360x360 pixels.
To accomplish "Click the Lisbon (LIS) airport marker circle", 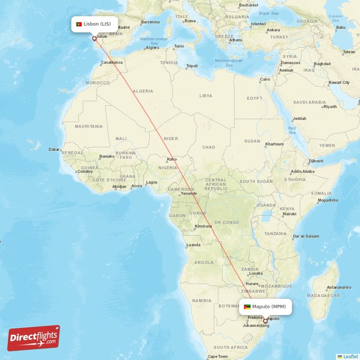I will (x=94, y=39).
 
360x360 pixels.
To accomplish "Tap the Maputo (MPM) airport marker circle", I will (x=265, y=321).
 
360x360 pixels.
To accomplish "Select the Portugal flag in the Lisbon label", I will (x=79, y=24).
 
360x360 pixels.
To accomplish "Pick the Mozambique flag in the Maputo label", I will (x=247, y=307).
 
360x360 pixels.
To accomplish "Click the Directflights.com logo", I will (x=34, y=338).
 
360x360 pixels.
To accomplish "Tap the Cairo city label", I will (x=265, y=80).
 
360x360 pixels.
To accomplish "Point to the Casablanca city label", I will (x=112, y=62).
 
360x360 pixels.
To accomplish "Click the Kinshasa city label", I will (x=203, y=226).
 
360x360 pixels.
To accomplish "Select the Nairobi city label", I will (x=289, y=214).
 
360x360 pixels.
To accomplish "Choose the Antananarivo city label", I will (x=339, y=287).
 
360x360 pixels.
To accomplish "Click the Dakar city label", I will (x=54, y=149).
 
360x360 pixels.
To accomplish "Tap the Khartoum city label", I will (x=274, y=144).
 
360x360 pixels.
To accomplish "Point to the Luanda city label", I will (x=193, y=245).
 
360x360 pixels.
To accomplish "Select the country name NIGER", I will (x=171, y=139).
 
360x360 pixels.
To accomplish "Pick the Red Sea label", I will (x=292, y=130).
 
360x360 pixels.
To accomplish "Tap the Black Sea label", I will (x=269, y=13).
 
